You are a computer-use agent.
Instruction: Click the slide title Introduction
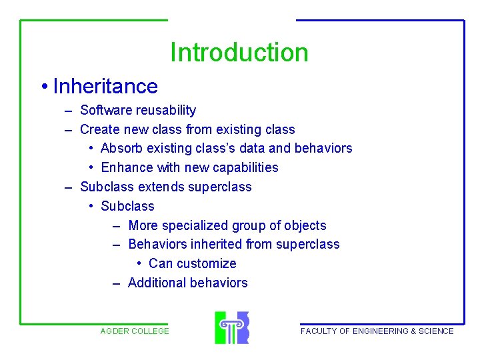coord(239,53)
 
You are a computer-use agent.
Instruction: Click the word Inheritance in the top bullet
coord(105,86)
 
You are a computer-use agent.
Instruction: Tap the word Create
coord(100,129)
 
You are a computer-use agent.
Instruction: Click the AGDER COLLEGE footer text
coord(135,331)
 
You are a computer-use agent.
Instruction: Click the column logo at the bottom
coord(231,327)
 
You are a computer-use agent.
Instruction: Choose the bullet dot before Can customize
coord(137,263)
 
